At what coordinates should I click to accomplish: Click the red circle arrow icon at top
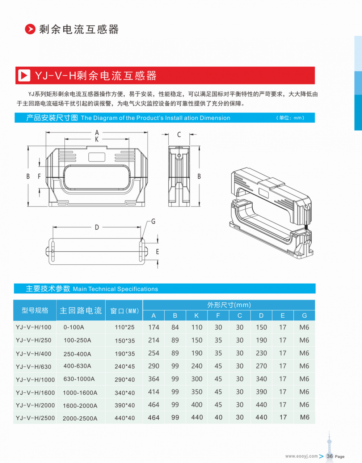pos(30,29)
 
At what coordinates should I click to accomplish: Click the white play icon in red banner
pos(24,75)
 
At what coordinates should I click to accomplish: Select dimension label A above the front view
pos(97,132)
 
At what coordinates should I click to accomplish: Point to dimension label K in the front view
pos(97,139)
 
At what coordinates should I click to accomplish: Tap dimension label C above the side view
pos(179,135)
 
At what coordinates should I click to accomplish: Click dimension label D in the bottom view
pos(97,228)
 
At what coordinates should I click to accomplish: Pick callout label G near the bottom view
pos(153,222)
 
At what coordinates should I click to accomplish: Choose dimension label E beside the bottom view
pos(157,252)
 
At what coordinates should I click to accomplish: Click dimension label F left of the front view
pos(39,177)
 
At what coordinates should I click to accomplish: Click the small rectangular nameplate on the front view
pos(97,157)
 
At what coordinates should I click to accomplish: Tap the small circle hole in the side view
pos(179,156)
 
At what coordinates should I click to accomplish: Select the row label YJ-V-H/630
pos(33,367)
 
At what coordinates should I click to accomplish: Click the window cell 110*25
pos(125,327)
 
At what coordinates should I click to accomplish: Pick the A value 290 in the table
pos(154,366)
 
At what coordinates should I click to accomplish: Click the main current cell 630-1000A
pos(79,379)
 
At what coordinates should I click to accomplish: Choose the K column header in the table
pos(197,315)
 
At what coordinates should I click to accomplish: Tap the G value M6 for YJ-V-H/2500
pos(305,417)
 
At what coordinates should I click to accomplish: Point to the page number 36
pos(330,456)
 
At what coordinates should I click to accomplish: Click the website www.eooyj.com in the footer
pos(302,456)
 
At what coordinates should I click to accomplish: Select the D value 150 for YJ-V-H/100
pos(261,327)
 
